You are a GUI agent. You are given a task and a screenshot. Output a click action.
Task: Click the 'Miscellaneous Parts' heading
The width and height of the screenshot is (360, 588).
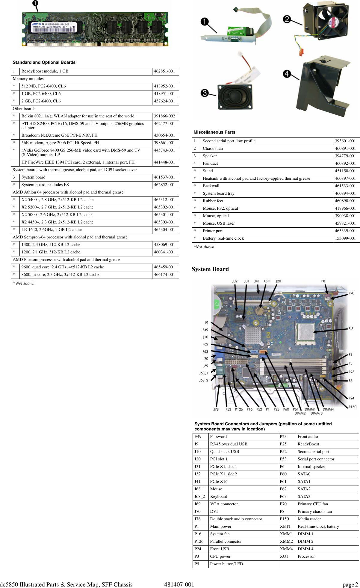coord(214,132)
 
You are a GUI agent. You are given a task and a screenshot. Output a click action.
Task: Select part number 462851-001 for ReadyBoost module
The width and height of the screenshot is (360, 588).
coord(164,71)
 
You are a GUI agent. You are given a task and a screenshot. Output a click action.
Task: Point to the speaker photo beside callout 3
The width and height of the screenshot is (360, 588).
coord(235,96)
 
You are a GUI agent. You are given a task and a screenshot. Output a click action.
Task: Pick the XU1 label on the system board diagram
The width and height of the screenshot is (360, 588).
coord(351,328)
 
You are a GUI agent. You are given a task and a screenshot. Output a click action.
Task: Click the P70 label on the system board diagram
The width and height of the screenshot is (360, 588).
coord(351,293)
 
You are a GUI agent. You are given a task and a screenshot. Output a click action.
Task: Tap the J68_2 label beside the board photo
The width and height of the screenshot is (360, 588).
coord(204,380)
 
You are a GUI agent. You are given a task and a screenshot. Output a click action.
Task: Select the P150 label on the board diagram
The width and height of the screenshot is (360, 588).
coord(352,407)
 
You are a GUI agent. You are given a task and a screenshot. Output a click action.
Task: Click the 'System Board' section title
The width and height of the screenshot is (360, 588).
coord(210,269)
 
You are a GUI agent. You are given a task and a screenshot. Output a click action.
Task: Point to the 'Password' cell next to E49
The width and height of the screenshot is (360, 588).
coord(218,436)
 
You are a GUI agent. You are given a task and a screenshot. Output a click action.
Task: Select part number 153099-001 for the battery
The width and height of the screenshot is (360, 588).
coord(345,238)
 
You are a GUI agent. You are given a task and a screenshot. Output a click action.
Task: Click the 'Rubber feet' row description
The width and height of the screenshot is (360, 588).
coord(213,201)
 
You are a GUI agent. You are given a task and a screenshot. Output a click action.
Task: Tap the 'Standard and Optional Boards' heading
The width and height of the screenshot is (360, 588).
coord(44,62)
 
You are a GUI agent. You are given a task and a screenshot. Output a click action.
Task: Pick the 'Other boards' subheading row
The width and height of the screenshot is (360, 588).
coord(24,109)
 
